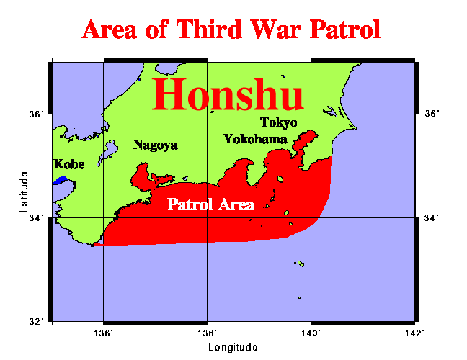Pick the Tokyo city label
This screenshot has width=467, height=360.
coord(278,122)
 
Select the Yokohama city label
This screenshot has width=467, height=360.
coord(256,139)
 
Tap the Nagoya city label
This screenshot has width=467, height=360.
coord(155,145)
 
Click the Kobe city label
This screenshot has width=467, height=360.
coord(69,164)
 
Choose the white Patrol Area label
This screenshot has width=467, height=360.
coord(210,204)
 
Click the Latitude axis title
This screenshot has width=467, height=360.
coord(25,192)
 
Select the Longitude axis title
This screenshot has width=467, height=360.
coord(232,348)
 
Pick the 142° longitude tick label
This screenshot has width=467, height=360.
coord(414,333)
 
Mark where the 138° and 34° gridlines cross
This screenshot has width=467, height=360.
coord(208,217)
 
